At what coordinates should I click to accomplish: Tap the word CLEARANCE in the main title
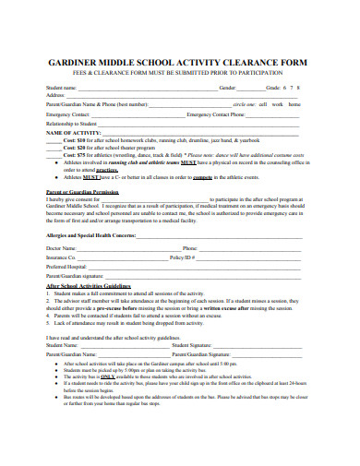click(x=242, y=64)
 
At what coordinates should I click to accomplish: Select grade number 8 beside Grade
click(x=303, y=87)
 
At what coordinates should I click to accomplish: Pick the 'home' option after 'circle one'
click(x=294, y=104)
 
